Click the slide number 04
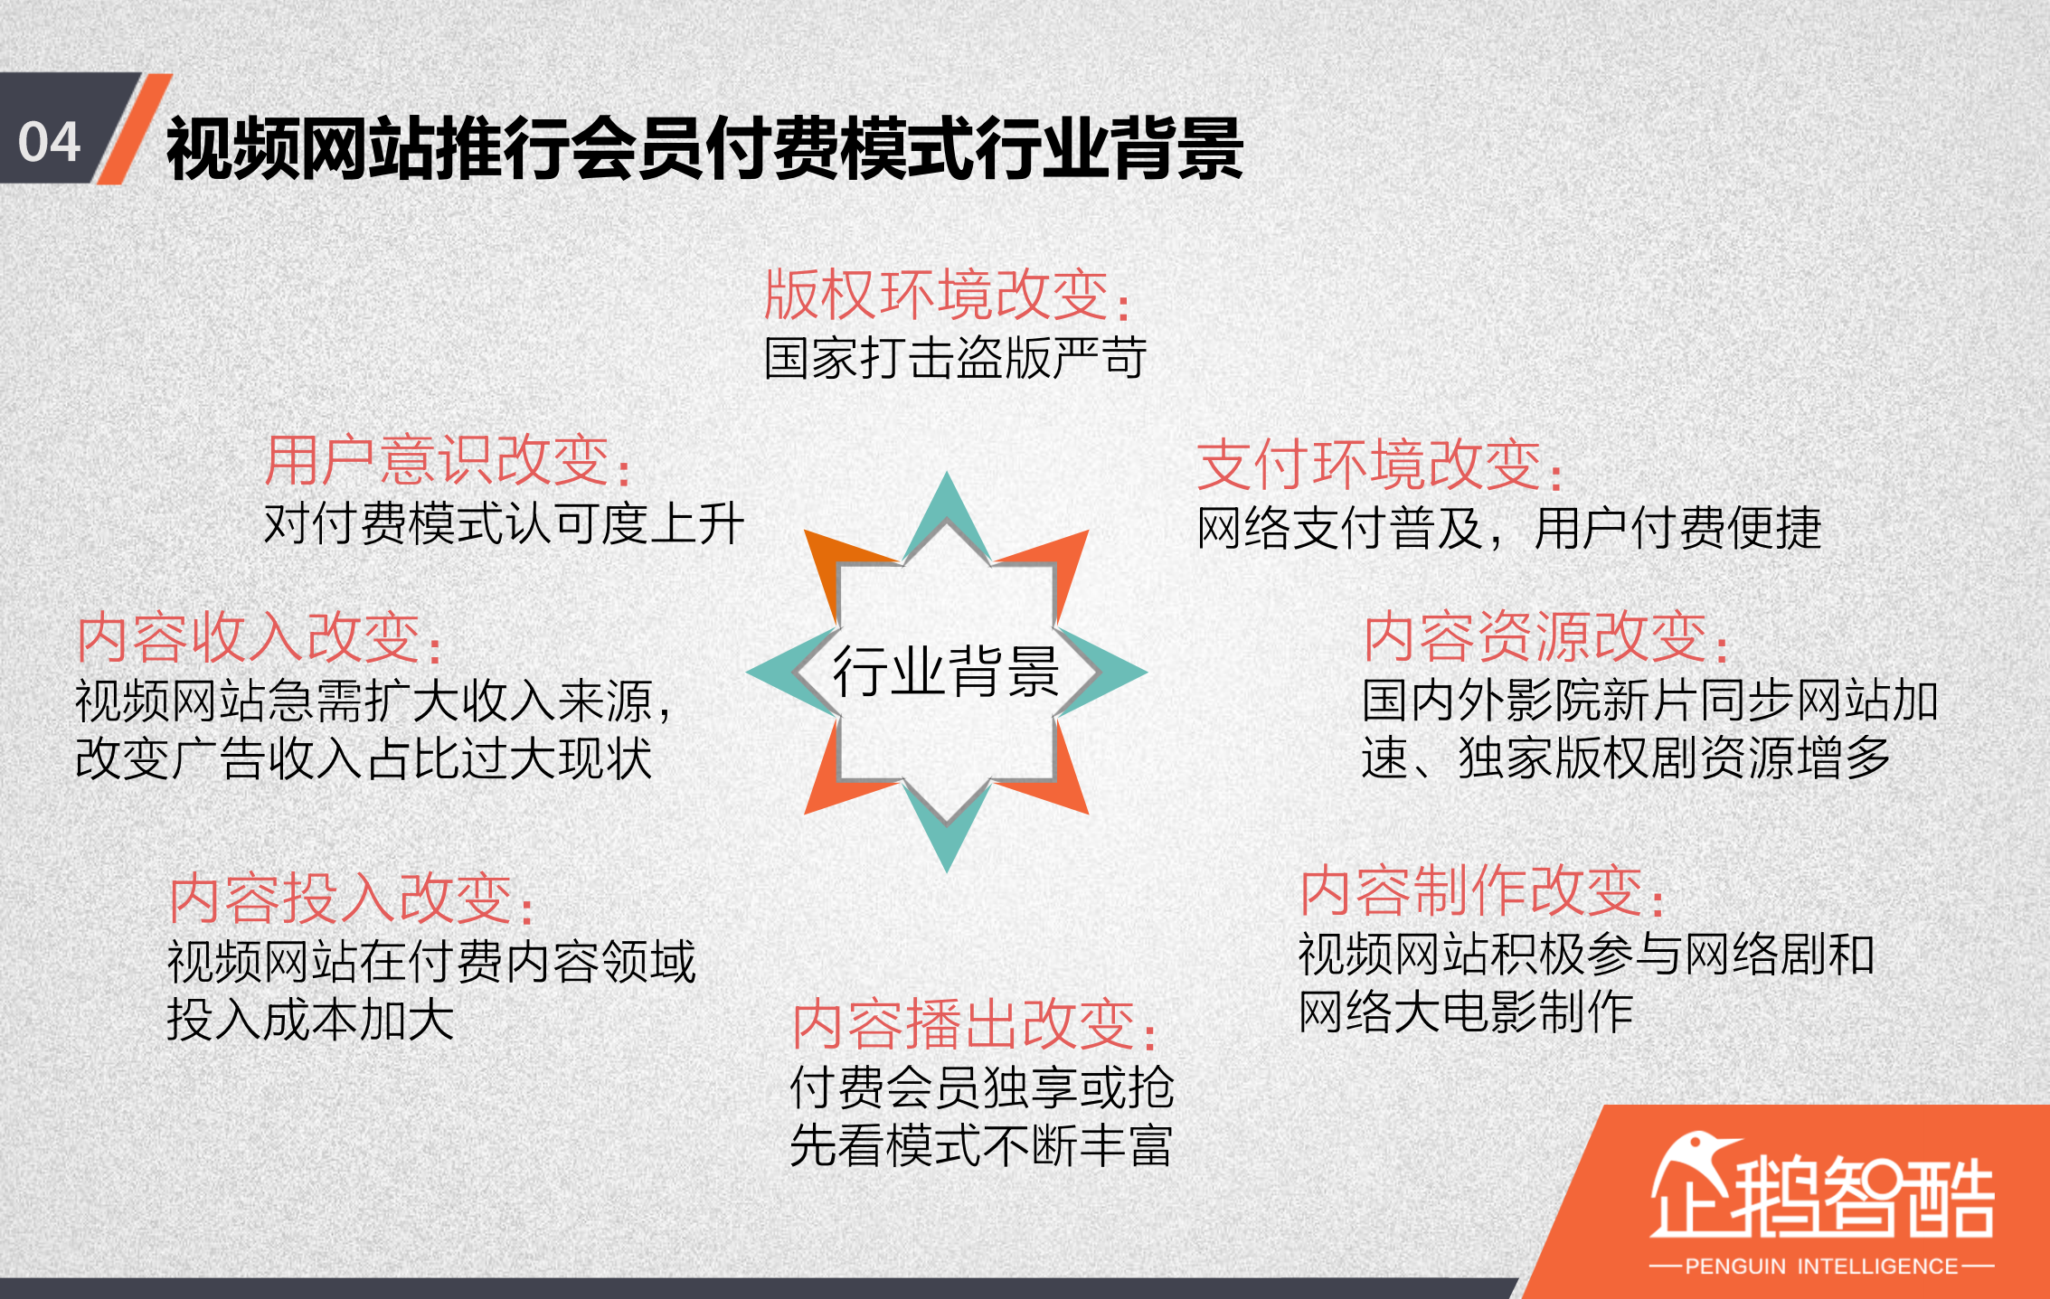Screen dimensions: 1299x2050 (50, 143)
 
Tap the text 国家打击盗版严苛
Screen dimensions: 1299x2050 (955, 358)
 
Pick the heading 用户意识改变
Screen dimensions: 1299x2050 (447, 460)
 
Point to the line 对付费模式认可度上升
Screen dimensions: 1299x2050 (504, 524)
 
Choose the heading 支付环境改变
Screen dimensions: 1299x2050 (1378, 465)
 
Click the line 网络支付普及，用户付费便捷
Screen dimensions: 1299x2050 (1508, 529)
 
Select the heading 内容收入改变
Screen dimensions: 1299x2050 (259, 637)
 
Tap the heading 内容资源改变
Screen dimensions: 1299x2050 (1545, 637)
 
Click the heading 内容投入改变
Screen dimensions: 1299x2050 (352, 899)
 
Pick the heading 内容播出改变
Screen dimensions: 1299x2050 (974, 1025)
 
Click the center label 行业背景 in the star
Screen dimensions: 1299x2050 (946, 673)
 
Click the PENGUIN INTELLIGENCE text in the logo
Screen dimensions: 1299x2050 (1821, 1266)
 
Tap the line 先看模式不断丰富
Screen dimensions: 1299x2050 (981, 1145)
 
